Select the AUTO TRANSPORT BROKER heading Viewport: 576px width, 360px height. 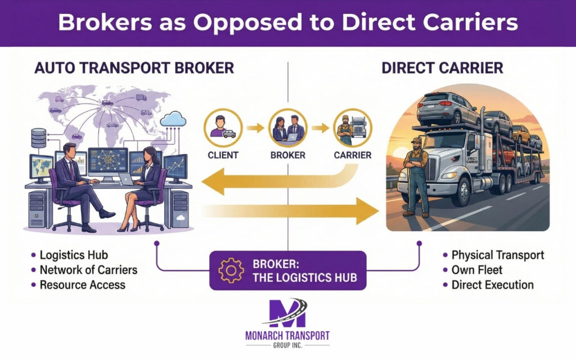click(x=134, y=69)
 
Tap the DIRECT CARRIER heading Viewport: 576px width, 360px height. click(x=442, y=69)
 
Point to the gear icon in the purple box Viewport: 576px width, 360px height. click(x=231, y=270)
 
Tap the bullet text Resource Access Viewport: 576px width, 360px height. click(x=82, y=285)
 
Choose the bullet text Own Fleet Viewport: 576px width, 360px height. click(x=477, y=270)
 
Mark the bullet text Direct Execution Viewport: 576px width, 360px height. click(x=492, y=285)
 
